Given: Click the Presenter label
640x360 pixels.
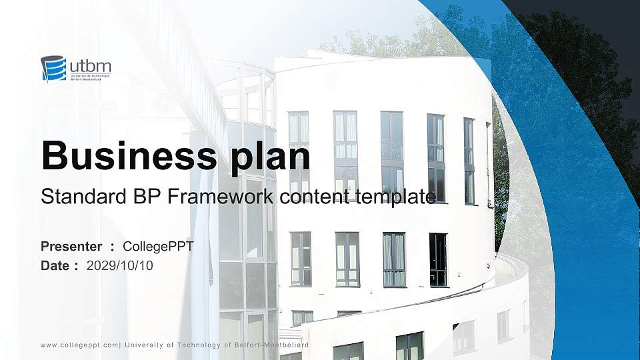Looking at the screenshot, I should pos(71,247).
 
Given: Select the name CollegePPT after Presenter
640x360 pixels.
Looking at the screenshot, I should pos(159,247).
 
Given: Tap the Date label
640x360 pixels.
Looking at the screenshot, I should pos(55,265).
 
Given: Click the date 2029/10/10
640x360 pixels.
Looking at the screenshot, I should pos(120,265).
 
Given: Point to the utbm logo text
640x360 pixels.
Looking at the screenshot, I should pos(89,65).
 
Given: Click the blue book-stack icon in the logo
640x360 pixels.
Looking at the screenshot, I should pos(53,68).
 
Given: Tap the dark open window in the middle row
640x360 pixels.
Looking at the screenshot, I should pos(438,260).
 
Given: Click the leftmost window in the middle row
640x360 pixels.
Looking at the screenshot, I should pos(300,259).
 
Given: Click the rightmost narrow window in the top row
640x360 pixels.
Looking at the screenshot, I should pos(469,160).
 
